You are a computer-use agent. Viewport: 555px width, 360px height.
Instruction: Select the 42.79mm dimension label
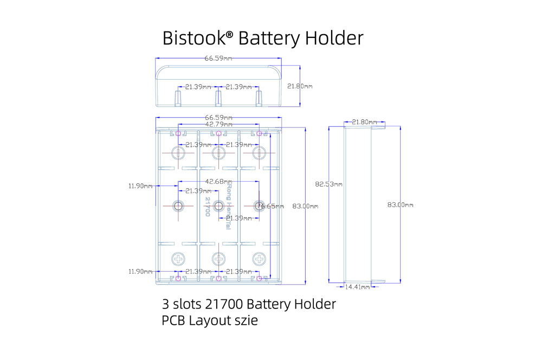218,125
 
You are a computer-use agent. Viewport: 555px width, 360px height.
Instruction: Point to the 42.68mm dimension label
218,182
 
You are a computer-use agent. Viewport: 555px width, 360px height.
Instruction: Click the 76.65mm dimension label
270,206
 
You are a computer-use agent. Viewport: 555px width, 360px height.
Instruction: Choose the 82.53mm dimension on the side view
328,184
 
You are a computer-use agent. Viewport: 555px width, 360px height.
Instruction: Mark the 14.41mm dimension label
358,286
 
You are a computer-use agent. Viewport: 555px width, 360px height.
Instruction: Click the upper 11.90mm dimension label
140,186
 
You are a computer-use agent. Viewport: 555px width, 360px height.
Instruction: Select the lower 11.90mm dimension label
140,271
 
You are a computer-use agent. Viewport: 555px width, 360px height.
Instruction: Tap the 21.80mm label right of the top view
300,86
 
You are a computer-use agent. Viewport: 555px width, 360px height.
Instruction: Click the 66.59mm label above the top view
218,58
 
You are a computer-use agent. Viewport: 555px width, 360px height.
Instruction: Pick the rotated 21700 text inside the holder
208,207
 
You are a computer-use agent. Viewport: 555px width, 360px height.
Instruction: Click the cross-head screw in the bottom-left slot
178,258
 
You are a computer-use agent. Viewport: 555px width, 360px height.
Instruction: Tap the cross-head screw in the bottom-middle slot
218,258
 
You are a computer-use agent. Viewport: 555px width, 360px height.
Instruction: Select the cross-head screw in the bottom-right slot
259,258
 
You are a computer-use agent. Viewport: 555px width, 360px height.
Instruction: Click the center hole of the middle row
218,205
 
